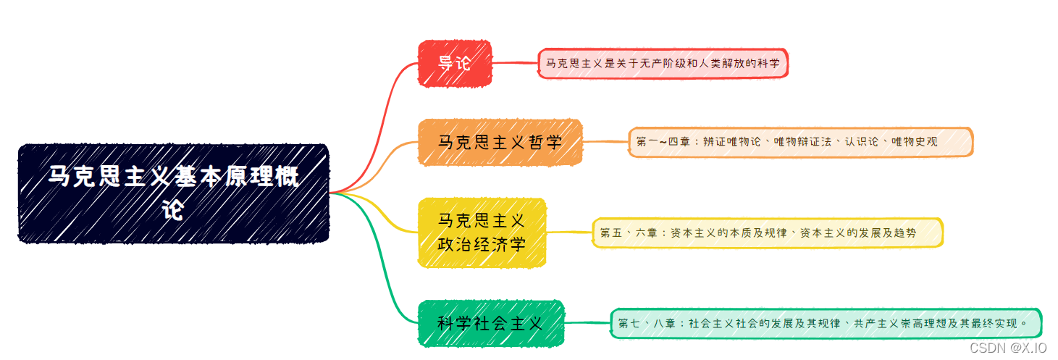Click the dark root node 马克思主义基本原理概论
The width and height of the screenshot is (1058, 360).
pos(174,193)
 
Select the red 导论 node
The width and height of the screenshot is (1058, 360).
pos(455,63)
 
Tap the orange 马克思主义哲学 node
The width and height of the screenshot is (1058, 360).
pos(500,142)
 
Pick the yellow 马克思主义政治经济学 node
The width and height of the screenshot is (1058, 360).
pos(482,233)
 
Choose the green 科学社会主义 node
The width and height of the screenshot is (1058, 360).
pos(491,323)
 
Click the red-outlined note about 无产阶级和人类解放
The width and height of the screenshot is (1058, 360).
pos(663,64)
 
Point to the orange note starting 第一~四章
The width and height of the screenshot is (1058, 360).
pos(800,142)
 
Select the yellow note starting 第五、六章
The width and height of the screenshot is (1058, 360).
pos(768,233)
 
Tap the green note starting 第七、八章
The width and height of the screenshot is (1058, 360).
pos(826,323)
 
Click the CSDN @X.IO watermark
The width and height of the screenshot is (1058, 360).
pos(1007,348)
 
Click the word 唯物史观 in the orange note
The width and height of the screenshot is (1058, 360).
pos(915,142)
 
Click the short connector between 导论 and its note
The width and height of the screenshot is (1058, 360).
pos(515,64)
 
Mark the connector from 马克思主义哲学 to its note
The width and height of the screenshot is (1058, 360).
pos(605,142)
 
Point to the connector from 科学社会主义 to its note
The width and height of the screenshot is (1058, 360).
pos(587,323)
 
